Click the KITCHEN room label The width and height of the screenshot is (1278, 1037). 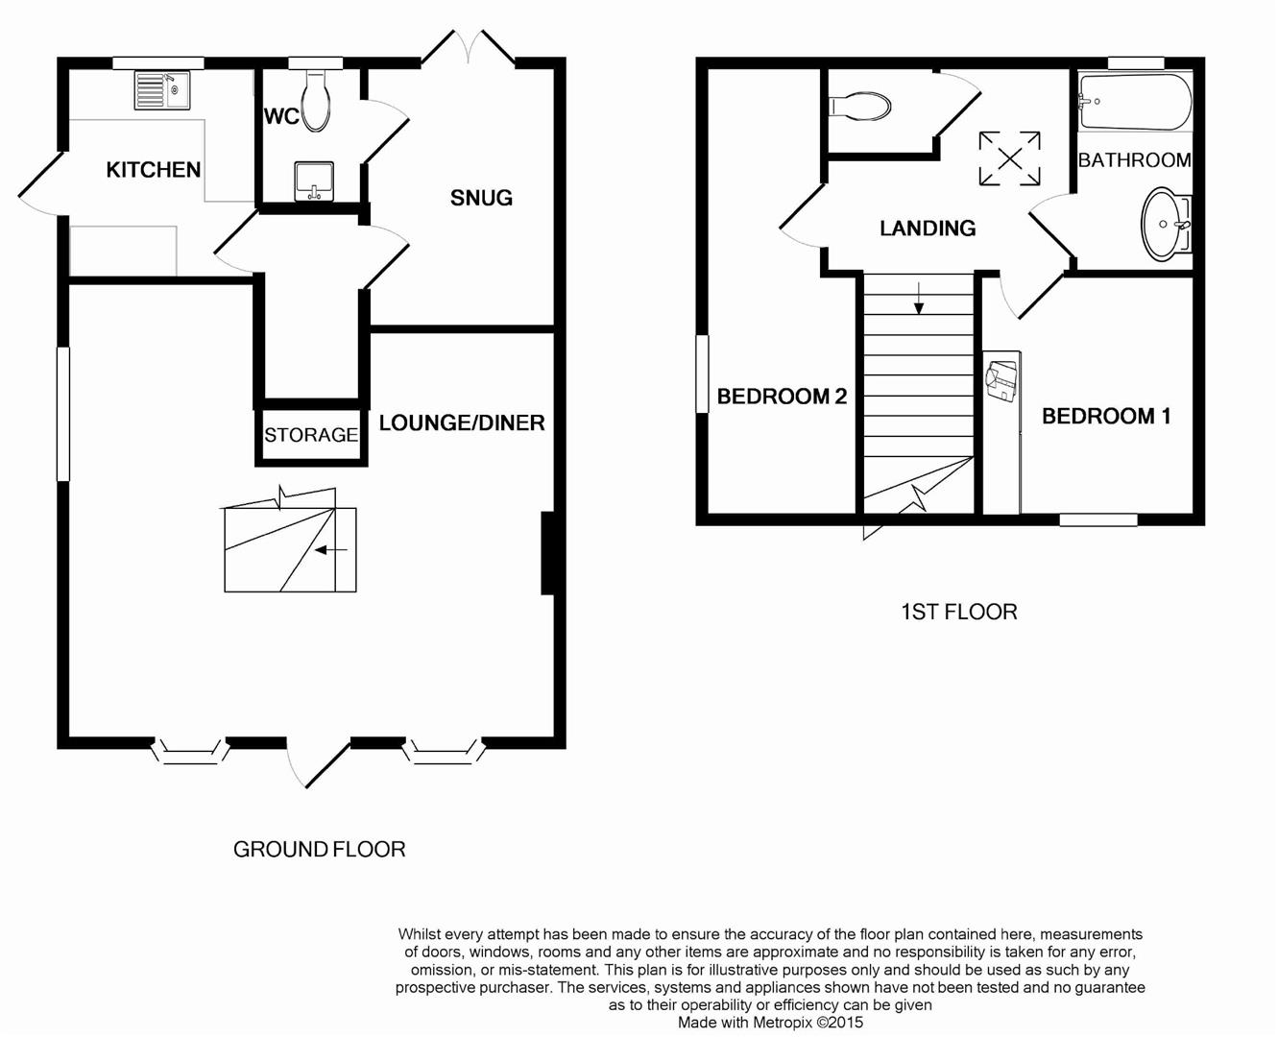click(154, 170)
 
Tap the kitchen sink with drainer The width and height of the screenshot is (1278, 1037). click(161, 91)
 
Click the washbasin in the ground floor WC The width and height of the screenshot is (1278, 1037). click(314, 181)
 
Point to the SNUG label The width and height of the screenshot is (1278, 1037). click(481, 198)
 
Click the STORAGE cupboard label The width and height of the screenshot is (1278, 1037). click(311, 435)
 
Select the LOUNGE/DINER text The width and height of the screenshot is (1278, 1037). click(462, 423)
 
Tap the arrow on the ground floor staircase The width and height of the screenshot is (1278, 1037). click(330, 550)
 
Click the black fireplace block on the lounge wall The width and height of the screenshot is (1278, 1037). click(549, 553)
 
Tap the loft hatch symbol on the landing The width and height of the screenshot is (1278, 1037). click(1009, 158)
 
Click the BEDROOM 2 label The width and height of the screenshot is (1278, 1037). click(782, 397)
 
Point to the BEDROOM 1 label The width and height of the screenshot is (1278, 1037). click(1106, 416)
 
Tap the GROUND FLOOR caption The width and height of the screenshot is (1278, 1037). click(319, 849)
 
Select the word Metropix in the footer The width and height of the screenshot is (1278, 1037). click(783, 1023)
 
